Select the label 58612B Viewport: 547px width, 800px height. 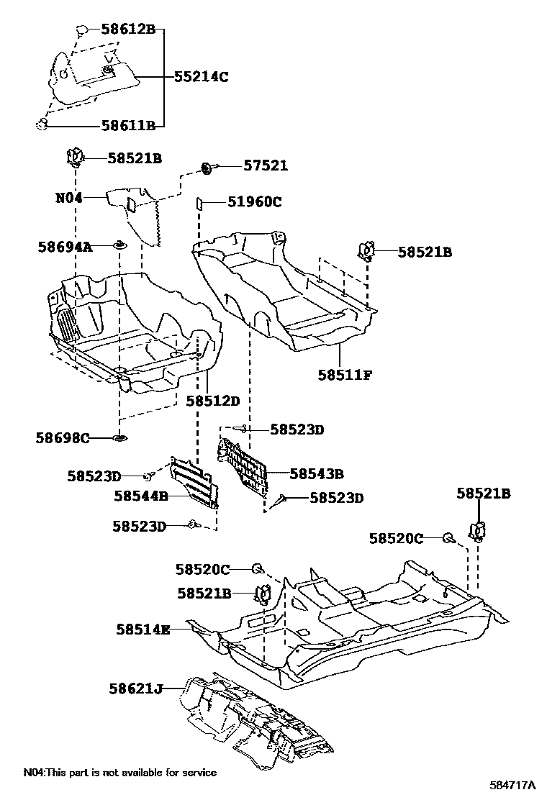pyautogui.click(x=128, y=30)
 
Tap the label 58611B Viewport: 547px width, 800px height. pyautogui.click(x=128, y=125)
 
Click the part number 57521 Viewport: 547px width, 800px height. pyautogui.click(x=265, y=165)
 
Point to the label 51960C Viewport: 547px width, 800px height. pyautogui.click(x=255, y=202)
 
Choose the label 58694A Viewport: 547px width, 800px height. pyautogui.click(x=65, y=247)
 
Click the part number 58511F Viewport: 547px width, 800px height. pyautogui.click(x=345, y=375)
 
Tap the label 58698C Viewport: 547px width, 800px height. pyautogui.click(x=63, y=437)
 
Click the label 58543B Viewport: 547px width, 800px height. pyautogui.click(x=316, y=473)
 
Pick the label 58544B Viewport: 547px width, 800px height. pyautogui.click(x=140, y=496)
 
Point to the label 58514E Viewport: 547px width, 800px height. pyautogui.click(x=143, y=629)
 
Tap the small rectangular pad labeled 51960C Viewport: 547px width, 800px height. pyautogui.click(x=198, y=204)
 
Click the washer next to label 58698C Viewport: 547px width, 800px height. pyautogui.click(x=119, y=437)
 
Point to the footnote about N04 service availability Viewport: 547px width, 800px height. pyautogui.click(x=119, y=773)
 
